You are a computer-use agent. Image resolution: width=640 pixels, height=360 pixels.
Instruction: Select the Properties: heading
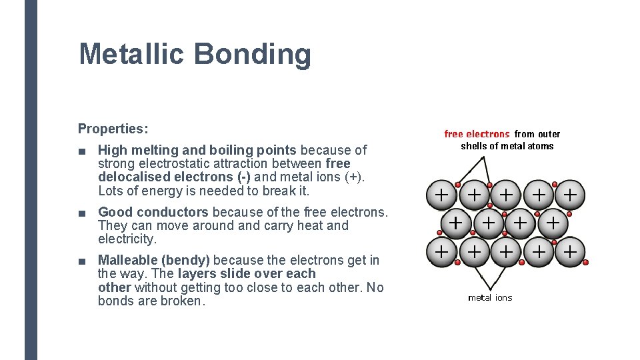tap(113, 128)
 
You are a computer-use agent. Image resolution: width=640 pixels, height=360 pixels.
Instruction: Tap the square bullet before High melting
tap(81, 151)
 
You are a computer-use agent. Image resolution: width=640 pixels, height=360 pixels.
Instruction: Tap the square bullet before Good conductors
tap(81, 213)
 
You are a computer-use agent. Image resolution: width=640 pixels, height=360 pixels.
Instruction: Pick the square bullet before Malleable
tap(81, 261)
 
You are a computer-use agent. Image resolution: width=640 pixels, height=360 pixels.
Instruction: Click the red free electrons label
tap(477, 134)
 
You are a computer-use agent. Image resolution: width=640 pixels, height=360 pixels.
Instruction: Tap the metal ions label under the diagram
tap(490, 298)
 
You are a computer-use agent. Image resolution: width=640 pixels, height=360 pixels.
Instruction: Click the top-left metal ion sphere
tap(441, 195)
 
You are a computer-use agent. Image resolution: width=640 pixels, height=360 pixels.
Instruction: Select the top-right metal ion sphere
tap(570, 195)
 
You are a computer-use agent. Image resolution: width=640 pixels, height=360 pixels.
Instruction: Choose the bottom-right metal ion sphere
tap(570, 252)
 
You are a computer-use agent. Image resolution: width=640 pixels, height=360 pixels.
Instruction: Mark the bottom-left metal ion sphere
tap(441, 252)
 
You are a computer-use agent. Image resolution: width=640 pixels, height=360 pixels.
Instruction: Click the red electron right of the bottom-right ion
tap(586, 263)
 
